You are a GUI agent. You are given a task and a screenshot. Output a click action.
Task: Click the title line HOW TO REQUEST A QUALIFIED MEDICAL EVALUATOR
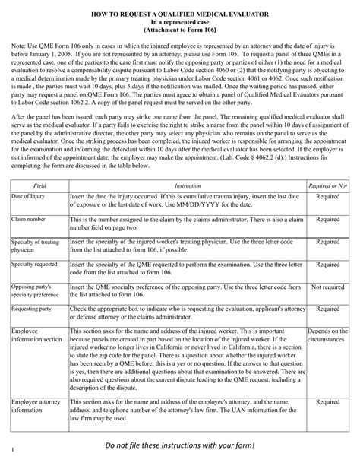click(181, 14)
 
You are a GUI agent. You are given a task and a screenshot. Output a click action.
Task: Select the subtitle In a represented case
click(181, 24)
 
